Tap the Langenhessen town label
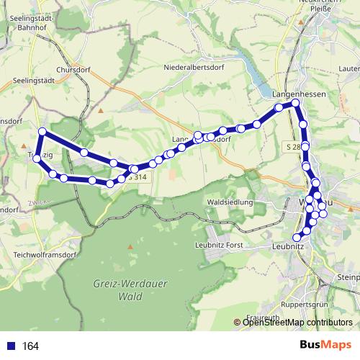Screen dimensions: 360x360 300,94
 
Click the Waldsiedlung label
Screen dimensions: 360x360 230,202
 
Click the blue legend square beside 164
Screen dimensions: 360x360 11,346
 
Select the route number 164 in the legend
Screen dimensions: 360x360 30,346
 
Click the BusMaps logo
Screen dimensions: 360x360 327,346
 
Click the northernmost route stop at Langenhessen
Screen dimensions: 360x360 295,103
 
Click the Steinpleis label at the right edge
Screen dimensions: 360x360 348,276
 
